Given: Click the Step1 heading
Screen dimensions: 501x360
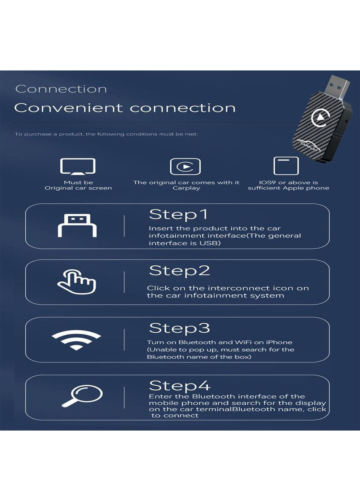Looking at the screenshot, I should (178, 215).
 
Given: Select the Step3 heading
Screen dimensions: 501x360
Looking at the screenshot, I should (179, 328).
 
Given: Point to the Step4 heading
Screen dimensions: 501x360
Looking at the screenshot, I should (180, 386).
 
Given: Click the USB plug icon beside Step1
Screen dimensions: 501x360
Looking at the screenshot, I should (77, 225).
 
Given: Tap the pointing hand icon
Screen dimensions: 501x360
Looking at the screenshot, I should (77, 282).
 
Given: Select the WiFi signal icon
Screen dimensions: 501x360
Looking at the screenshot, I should (76, 339).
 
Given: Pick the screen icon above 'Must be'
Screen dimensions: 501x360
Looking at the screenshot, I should (78, 166).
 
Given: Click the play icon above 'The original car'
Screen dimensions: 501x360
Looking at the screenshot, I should (185, 167).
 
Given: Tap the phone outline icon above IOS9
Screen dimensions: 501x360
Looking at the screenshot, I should (286, 166).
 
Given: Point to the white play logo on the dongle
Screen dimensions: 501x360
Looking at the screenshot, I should (320, 117).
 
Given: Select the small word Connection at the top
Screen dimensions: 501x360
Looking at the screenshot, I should (61, 89).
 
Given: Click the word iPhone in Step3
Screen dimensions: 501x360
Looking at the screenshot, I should (279, 342).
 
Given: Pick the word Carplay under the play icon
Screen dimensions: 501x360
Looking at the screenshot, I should (186, 188).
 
